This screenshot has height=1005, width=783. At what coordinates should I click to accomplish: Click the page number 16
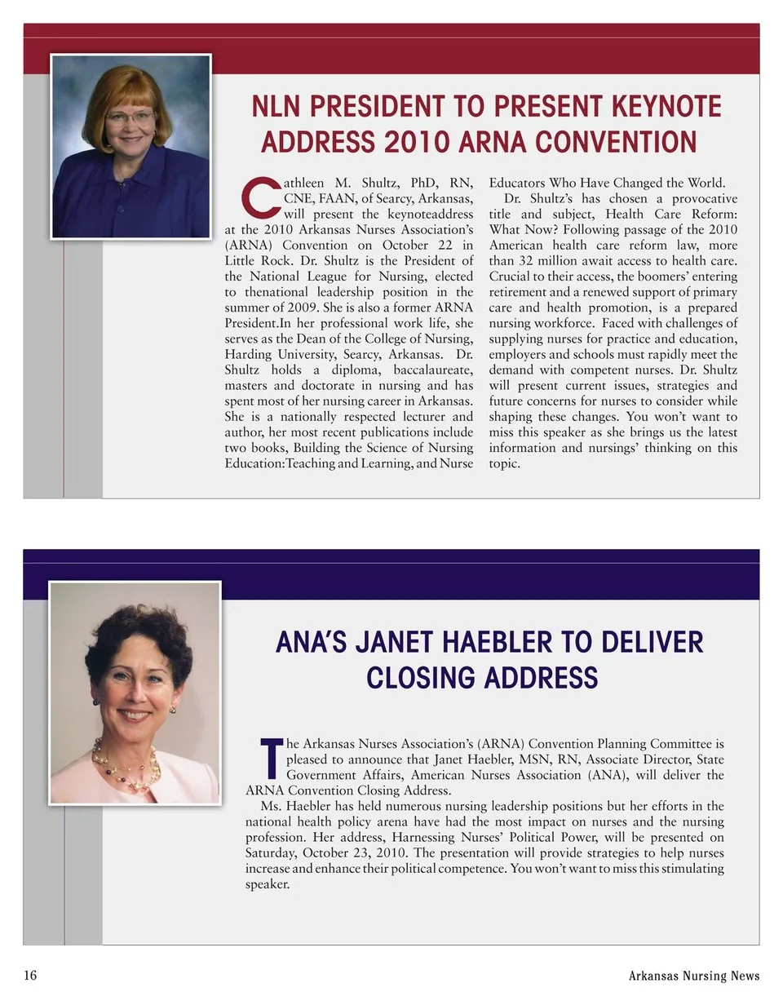coord(30,976)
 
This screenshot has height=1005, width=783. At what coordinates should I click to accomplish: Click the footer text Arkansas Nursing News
coord(693,976)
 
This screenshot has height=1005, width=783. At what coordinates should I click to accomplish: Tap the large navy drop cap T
coord(271,758)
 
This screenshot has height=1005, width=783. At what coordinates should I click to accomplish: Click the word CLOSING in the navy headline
coord(421,678)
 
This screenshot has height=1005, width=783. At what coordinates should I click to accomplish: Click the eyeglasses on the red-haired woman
coord(130,117)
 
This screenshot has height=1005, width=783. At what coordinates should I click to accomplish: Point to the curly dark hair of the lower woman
coord(139,632)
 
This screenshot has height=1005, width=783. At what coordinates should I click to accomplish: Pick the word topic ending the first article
coord(504,463)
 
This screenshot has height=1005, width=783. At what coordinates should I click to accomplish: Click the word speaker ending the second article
coord(268,883)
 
